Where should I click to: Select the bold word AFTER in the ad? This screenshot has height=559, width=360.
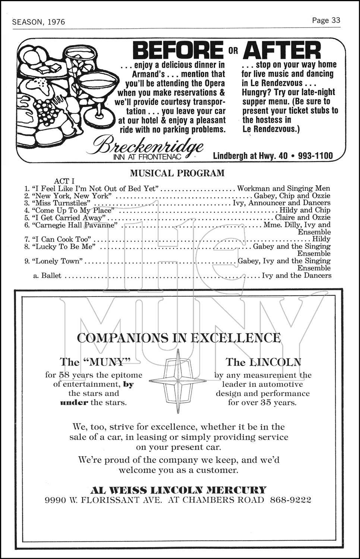point(282,50)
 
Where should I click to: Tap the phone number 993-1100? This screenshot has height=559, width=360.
point(315,156)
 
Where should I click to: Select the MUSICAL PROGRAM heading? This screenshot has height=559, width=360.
point(177,173)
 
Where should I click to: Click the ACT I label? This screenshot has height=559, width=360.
point(64,181)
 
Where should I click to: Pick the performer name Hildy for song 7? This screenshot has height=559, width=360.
point(321,239)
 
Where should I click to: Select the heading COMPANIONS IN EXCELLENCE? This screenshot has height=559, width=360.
point(179,338)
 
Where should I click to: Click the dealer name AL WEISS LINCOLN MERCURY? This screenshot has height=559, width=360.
point(179,490)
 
